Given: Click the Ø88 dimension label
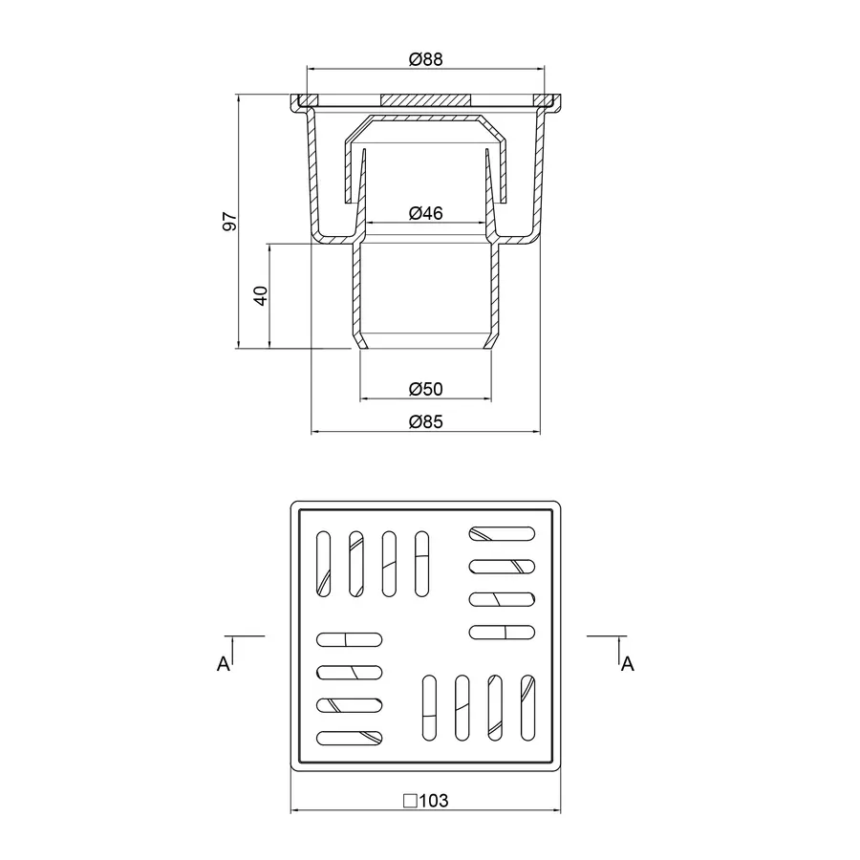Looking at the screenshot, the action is [425, 58].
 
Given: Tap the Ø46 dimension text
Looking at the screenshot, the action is [425, 213].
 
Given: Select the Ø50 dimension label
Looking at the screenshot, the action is [425, 389].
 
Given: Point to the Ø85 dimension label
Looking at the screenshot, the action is [425, 421].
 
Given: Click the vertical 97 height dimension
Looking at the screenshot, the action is [229, 221].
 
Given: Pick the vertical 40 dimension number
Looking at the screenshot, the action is [261, 295].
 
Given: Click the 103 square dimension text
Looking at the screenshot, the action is [433, 801].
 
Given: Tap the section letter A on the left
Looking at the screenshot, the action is [224, 664].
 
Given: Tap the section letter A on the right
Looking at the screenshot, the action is [628, 664].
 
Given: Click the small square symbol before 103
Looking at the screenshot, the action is [410, 801].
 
